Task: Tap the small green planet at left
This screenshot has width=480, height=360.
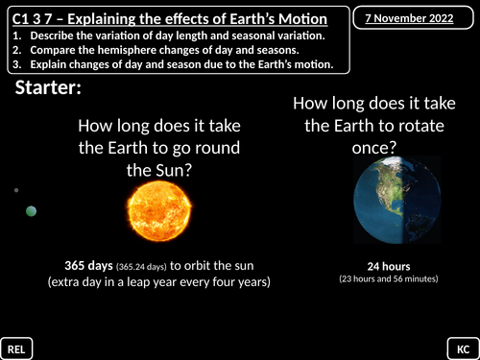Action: pyautogui.click(x=32, y=211)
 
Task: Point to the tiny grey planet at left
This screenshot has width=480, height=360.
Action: pyautogui.click(x=16, y=190)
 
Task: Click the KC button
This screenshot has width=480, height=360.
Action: pyautogui.click(x=462, y=347)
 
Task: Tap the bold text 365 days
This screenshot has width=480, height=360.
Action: pyautogui.click(x=88, y=265)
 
